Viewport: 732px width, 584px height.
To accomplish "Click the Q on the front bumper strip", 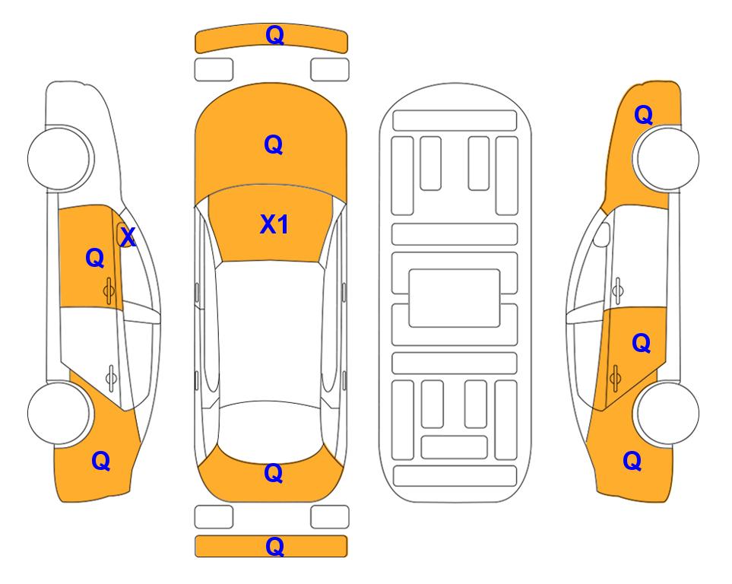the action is (x=274, y=35).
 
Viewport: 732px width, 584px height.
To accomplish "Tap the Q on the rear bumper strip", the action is (x=274, y=546).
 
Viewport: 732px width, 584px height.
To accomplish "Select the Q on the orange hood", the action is (x=274, y=144).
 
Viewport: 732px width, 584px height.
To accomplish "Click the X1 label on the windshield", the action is (x=274, y=224).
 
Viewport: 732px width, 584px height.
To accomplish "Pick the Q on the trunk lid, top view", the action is (x=274, y=473).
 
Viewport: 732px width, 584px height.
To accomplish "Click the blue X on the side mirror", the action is (x=128, y=237).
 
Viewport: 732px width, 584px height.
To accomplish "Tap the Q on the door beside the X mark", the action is (x=95, y=258).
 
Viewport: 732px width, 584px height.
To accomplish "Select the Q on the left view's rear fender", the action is (x=101, y=461).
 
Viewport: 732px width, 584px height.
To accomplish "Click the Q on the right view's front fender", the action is (x=643, y=115).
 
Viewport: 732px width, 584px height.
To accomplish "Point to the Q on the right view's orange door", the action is (x=642, y=344).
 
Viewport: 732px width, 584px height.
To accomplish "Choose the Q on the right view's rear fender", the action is (x=632, y=461).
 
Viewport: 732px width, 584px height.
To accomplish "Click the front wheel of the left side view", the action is (x=59, y=158).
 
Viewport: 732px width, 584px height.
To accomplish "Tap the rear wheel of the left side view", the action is (x=59, y=413).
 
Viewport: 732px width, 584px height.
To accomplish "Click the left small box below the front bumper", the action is (x=214, y=70).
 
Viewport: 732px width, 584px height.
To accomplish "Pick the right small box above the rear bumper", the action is (x=330, y=517).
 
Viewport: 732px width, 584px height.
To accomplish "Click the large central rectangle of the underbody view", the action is (x=455, y=298).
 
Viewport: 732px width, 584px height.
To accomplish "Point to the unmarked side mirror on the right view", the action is (x=602, y=235).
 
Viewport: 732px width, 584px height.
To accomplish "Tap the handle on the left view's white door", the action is (x=111, y=377).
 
